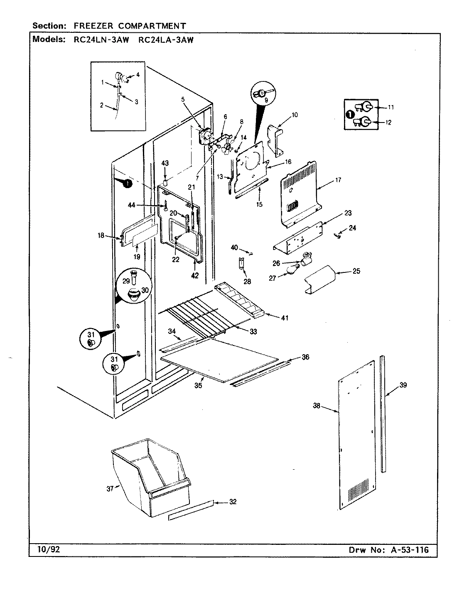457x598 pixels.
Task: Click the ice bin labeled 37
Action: click(x=150, y=478)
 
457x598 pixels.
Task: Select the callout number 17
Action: click(x=338, y=180)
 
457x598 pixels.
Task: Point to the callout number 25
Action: click(x=356, y=271)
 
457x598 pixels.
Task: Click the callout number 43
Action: click(x=165, y=164)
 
